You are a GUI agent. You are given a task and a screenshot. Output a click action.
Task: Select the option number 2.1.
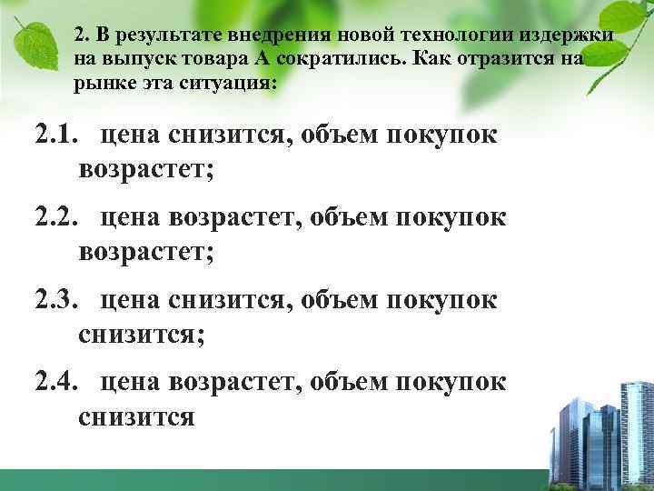click(x=57, y=135)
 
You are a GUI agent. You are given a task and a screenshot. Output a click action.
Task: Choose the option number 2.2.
click(x=57, y=217)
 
